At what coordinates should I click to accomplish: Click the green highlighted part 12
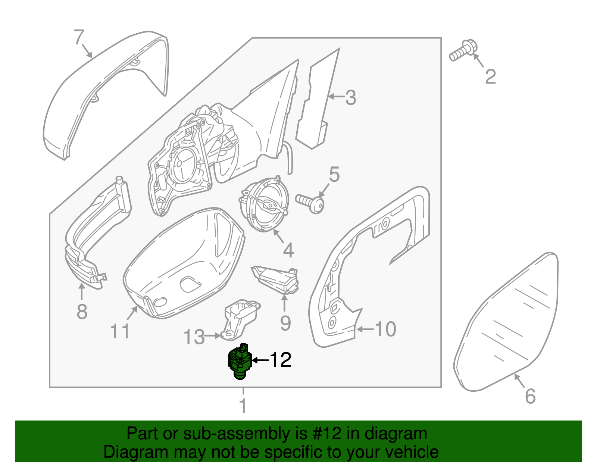coord(239,361)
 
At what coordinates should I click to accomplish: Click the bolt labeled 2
coord(462,51)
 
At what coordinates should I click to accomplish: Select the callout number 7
coord(79,37)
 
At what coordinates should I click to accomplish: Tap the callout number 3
coord(350,97)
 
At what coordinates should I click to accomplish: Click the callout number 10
coord(385,329)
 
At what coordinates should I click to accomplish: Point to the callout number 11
coord(120,331)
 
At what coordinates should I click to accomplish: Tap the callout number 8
coord(82,312)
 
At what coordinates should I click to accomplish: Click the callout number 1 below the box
coord(243,406)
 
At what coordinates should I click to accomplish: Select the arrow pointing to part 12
coord(260,360)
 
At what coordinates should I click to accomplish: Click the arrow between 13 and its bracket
coord(213,336)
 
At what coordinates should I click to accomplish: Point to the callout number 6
coord(530,396)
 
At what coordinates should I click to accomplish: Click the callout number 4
coord(288,250)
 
